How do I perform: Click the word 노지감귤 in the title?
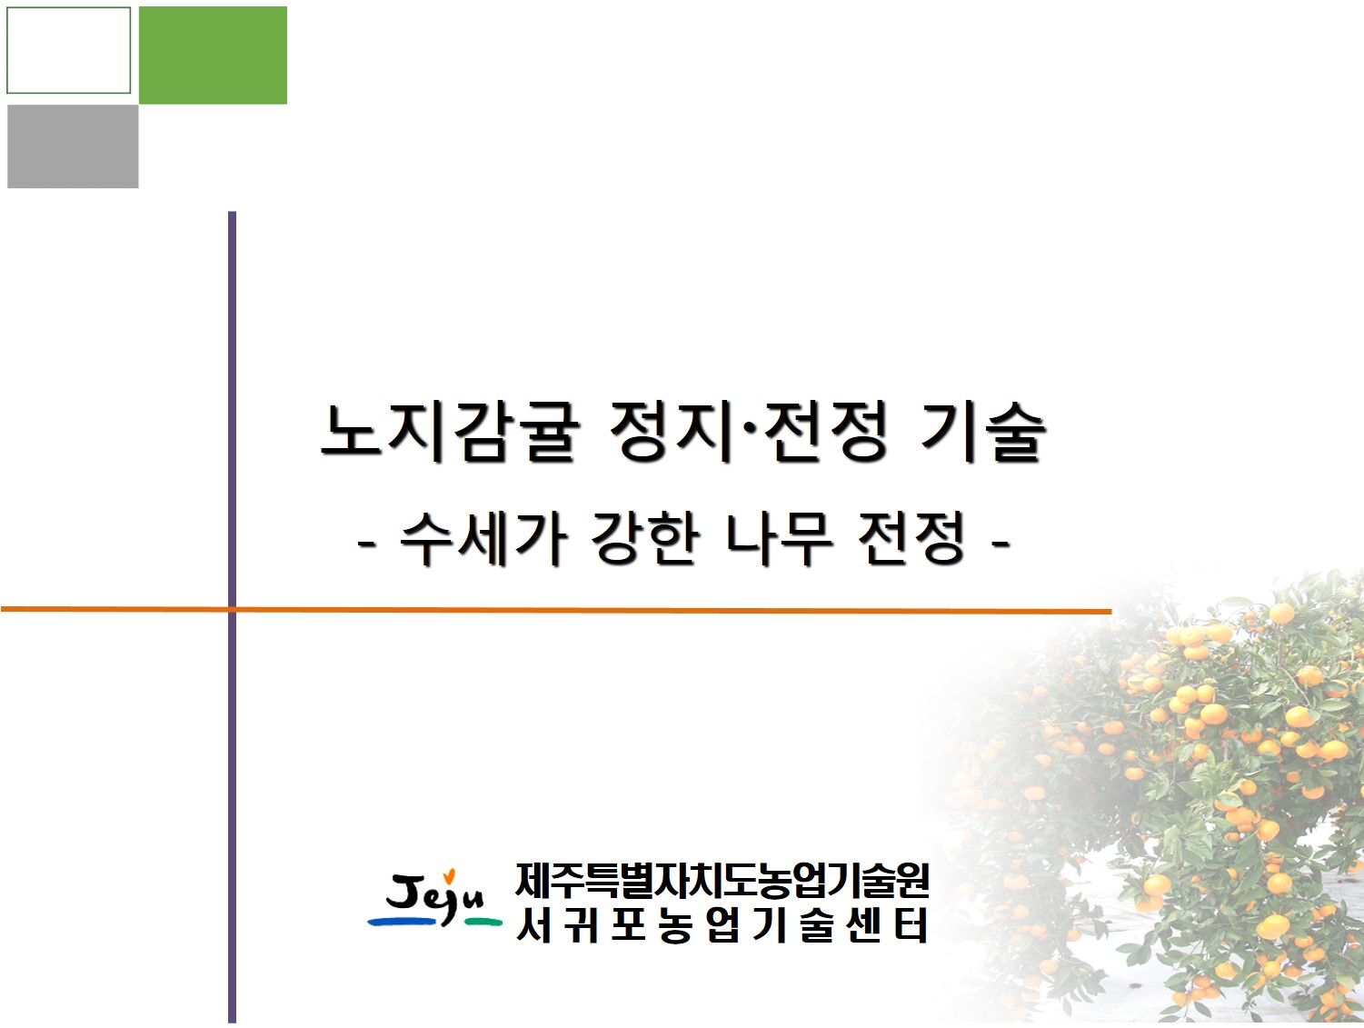[x=450, y=432]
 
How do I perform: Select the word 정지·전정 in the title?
[x=749, y=432]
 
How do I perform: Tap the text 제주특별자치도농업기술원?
[x=722, y=879]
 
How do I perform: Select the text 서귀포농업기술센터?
[x=722, y=926]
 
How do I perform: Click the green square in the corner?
[x=213, y=55]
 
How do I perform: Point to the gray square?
[x=73, y=146]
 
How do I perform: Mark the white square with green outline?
[x=69, y=50]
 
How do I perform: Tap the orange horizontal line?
[x=636, y=610]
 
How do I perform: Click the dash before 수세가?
[x=367, y=544]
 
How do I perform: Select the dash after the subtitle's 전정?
[x=1001, y=544]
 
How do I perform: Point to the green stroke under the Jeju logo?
[x=483, y=923]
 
